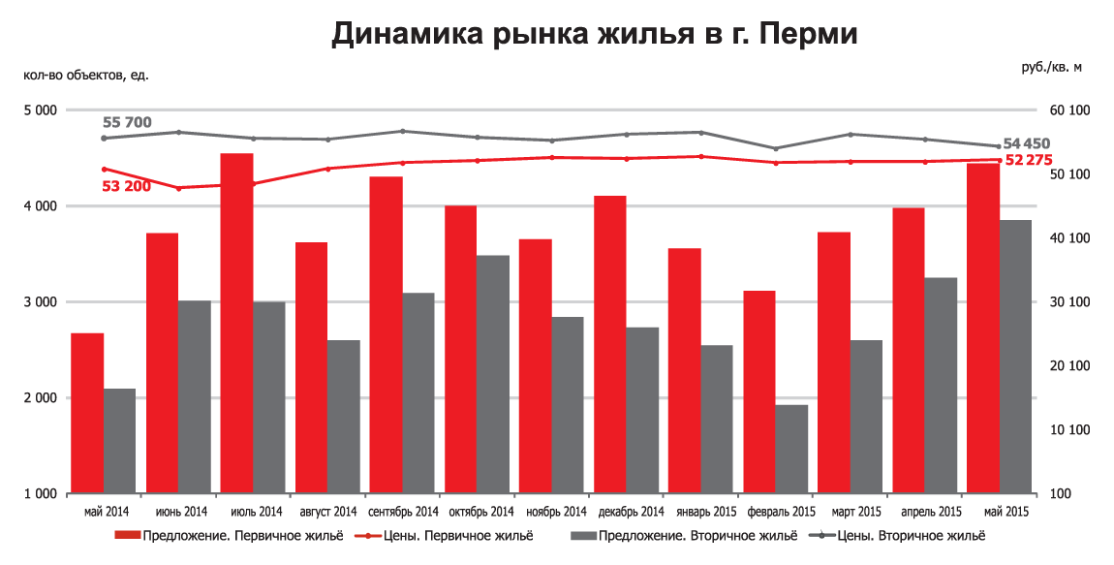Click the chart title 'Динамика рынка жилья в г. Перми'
click(595, 34)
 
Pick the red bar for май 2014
click(87, 413)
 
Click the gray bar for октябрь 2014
click(494, 374)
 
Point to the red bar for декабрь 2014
click(609, 344)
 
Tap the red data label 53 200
click(126, 185)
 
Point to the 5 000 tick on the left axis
click(42, 110)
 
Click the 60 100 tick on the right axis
click(1068, 110)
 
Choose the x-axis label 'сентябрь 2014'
click(403, 512)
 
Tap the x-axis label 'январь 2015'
click(700, 512)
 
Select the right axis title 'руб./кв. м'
click(1051, 67)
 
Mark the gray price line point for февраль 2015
click(775, 148)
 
